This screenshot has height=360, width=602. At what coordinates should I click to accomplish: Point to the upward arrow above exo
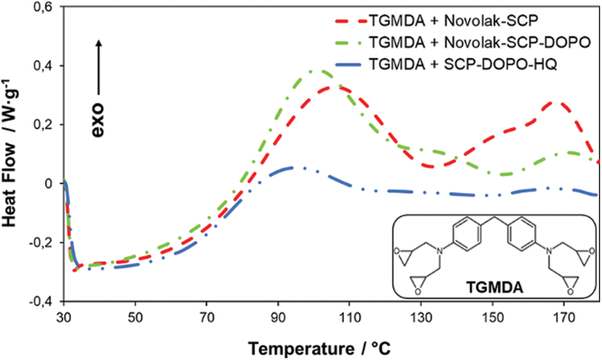99,63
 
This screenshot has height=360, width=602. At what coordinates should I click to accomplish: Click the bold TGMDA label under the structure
495,284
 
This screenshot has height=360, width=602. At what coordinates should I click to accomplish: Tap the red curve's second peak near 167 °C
556,101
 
